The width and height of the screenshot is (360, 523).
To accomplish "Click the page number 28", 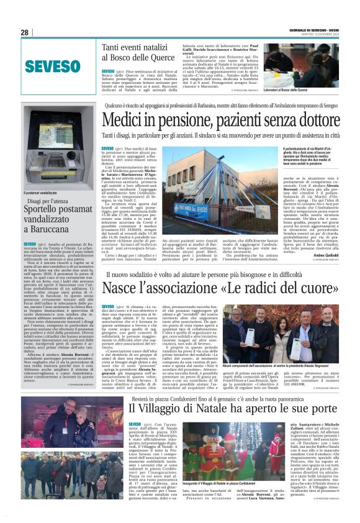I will click(x=24, y=32).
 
